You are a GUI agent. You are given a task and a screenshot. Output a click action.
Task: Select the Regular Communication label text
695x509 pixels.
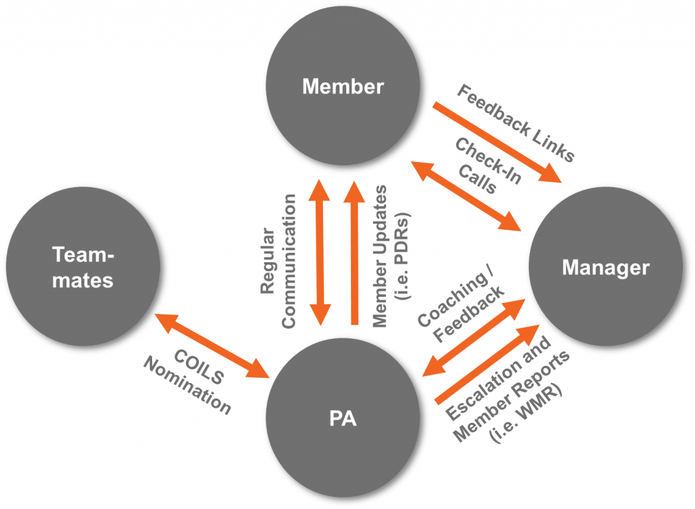pos(278,261)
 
